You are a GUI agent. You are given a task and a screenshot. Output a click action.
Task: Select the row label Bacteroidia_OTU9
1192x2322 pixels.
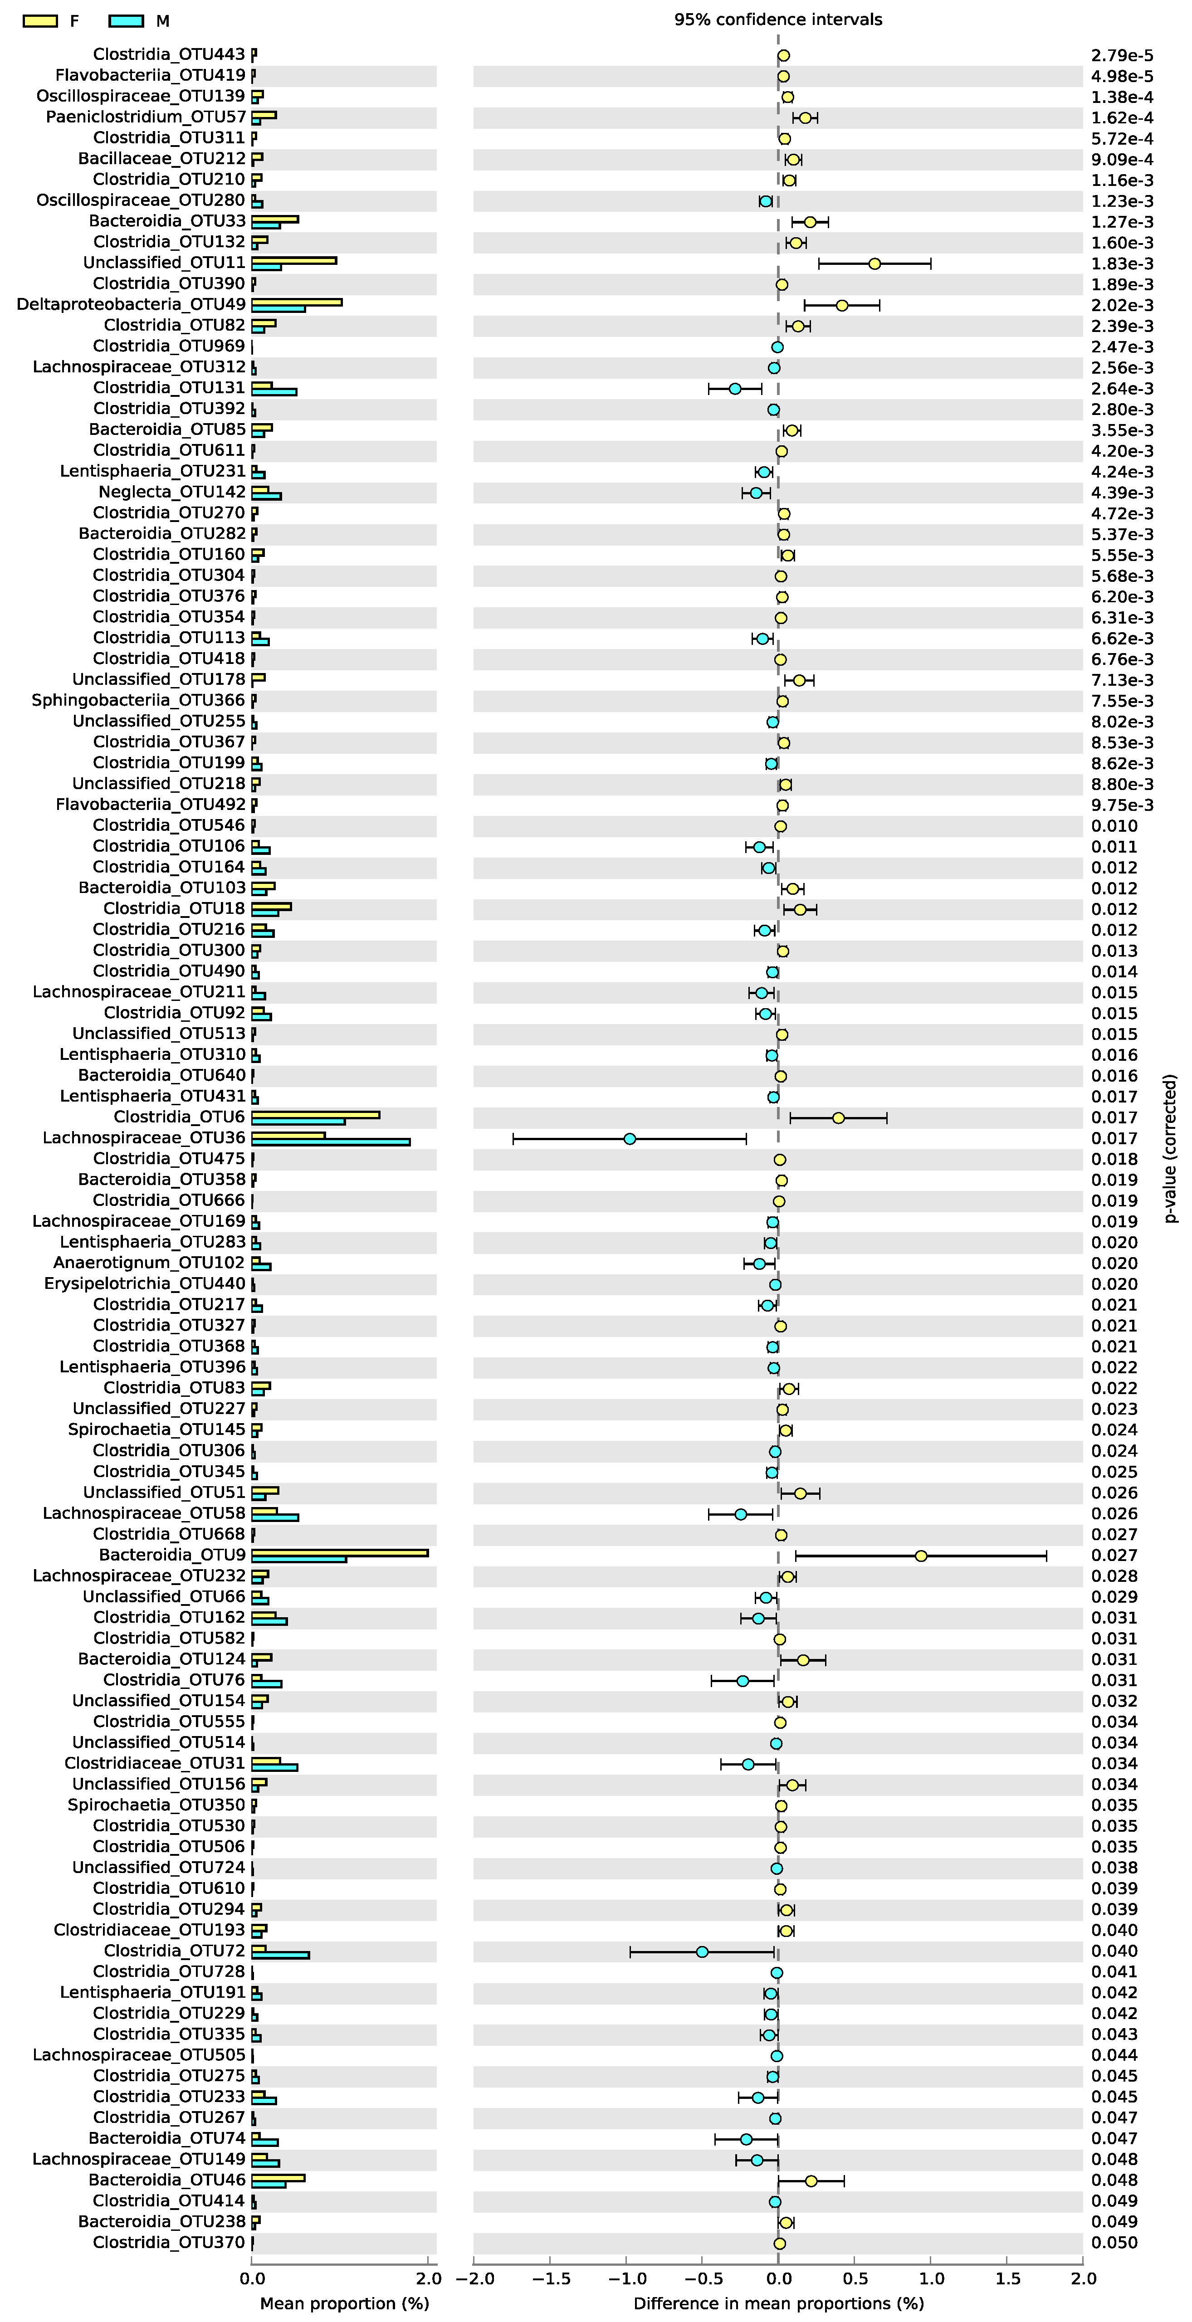tap(171, 1555)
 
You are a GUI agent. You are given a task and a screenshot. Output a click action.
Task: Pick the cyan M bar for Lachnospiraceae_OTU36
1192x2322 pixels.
tap(330, 1142)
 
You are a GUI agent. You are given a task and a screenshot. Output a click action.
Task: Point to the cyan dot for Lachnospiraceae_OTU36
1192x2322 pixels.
tap(630, 1138)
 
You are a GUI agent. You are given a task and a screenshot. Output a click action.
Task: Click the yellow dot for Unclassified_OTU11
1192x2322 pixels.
tap(874, 263)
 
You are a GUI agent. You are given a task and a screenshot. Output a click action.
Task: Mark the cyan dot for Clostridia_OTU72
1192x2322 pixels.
tap(702, 1951)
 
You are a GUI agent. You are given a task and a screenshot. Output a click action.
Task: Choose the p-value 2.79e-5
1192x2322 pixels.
tap(1122, 55)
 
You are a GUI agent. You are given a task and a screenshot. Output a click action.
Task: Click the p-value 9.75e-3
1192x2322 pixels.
tap(1122, 805)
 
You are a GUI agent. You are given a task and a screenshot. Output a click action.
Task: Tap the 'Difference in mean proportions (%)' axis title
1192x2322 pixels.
tap(778, 2303)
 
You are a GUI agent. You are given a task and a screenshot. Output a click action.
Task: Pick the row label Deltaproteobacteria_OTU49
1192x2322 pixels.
tap(131, 305)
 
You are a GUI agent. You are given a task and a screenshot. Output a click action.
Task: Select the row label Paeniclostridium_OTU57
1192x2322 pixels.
tap(145, 117)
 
